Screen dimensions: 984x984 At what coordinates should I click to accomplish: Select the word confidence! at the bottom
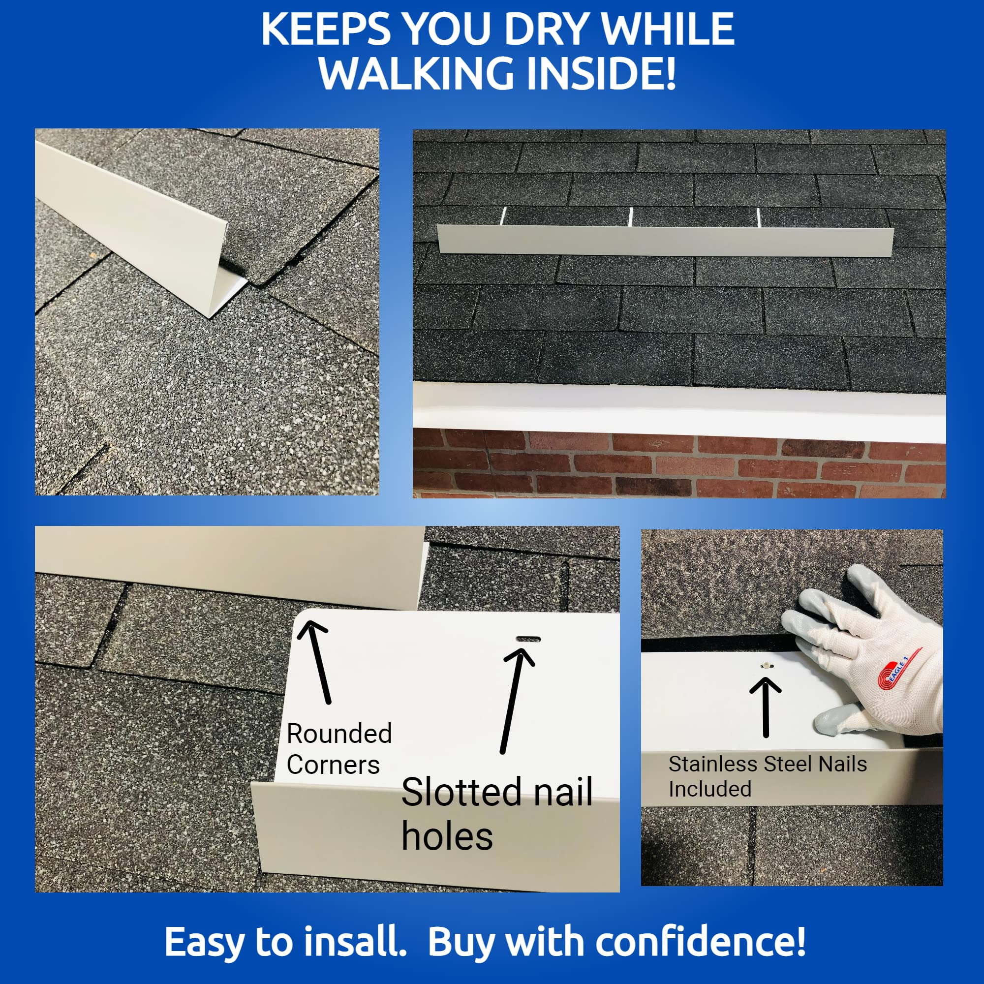click(x=700, y=941)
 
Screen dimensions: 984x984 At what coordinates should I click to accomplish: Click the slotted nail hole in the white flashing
click(x=528, y=639)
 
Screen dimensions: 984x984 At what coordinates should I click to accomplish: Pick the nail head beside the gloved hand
click(x=765, y=665)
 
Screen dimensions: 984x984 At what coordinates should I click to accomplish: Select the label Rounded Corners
click(x=338, y=749)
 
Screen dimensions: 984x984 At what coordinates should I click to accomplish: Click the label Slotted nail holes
click(x=496, y=814)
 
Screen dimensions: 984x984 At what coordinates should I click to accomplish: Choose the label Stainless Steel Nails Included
click(x=768, y=776)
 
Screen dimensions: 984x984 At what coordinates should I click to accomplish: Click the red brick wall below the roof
click(x=679, y=462)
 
